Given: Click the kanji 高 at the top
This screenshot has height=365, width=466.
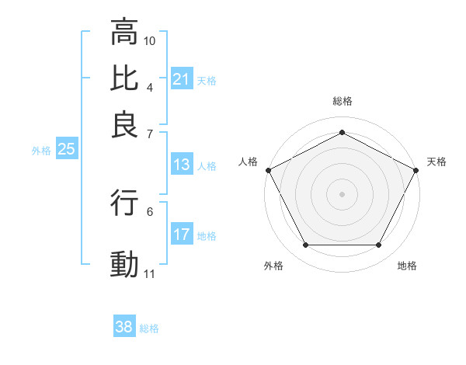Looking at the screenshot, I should coord(123,33).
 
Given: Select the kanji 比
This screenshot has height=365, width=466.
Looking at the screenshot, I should coord(123,78).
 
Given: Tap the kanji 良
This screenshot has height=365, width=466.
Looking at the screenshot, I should coord(123,124).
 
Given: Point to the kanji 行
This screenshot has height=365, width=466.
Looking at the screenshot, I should coord(123,203).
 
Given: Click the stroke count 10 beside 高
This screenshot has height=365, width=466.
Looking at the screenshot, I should coord(150,40).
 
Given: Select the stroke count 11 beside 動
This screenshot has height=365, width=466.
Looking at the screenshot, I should coord(150,273).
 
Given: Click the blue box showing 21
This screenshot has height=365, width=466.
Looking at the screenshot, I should coord(181,79).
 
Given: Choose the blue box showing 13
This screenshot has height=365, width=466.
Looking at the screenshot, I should coord(181,165).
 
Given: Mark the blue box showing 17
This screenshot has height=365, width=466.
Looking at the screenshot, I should coord(181,235).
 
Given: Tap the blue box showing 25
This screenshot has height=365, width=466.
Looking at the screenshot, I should coord(66,150).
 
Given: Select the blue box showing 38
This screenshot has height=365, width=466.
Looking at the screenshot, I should coord(123,327).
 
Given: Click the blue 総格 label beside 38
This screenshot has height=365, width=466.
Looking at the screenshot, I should coord(149,328).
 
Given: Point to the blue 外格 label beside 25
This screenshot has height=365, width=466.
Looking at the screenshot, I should coord(40,151).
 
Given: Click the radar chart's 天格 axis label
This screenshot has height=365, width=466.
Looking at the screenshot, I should coord(436,162).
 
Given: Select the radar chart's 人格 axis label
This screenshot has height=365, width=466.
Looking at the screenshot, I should coord(248,162).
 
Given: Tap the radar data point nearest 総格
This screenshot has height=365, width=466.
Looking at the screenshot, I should coord(342,132).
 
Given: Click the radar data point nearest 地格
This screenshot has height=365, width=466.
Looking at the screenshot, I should coord(379,245).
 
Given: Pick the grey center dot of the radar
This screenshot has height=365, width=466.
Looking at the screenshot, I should coord(342,193).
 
